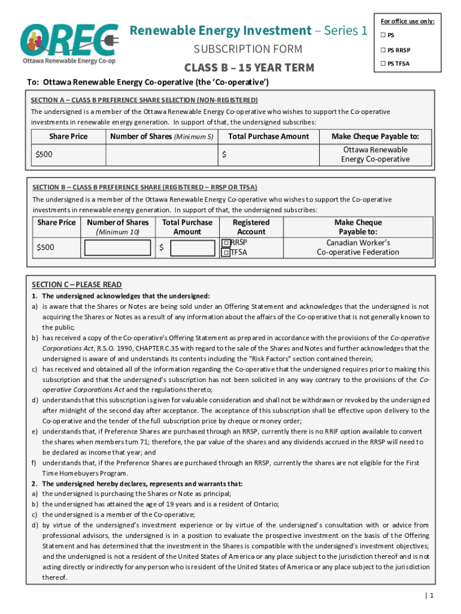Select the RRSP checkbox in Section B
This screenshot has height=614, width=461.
[x=226, y=243]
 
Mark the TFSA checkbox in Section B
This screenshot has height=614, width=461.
[x=226, y=253]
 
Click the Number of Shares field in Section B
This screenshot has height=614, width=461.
[x=117, y=248]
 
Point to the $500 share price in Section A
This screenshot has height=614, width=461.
[x=44, y=155]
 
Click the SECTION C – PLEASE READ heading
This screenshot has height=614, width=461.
[x=77, y=285]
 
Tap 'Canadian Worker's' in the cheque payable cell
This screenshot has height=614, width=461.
[x=358, y=243]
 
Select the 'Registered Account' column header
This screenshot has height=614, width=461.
[x=251, y=227]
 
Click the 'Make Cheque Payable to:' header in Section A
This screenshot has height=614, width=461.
[x=375, y=137]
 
